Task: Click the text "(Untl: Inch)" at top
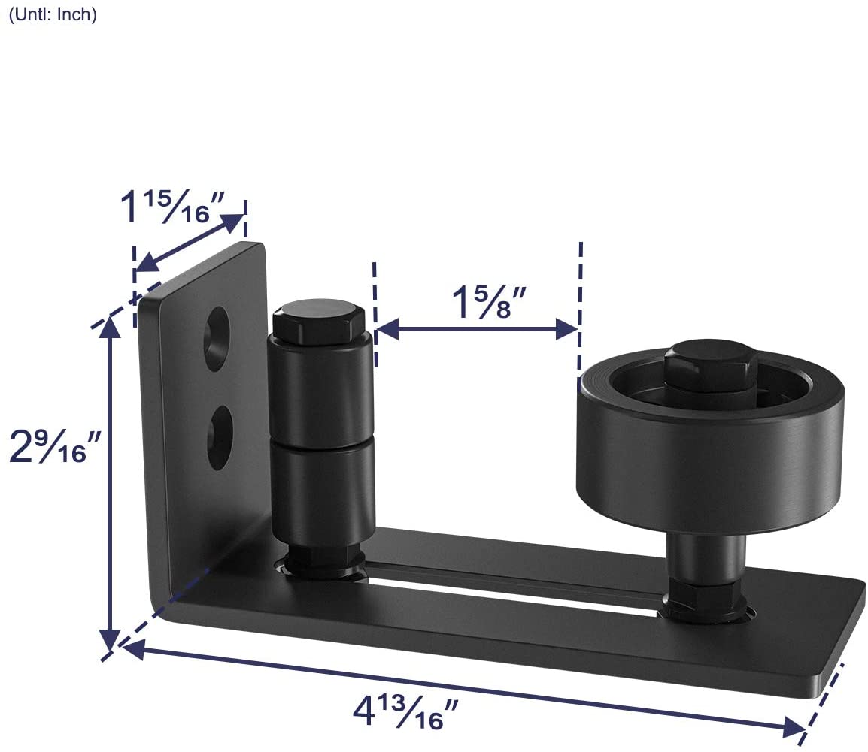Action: coord(53,15)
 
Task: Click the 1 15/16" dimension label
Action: coord(171,207)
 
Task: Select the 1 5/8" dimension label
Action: coord(487,302)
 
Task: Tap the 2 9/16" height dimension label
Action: coord(55,446)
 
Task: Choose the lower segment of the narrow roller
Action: coord(321,488)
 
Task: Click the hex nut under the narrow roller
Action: coord(322,563)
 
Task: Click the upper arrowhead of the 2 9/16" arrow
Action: coord(111,325)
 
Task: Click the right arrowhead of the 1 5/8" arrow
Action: coord(566,328)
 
